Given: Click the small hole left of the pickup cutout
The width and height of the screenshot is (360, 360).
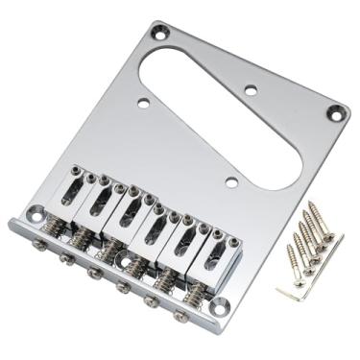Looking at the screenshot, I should pos(142,99).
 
